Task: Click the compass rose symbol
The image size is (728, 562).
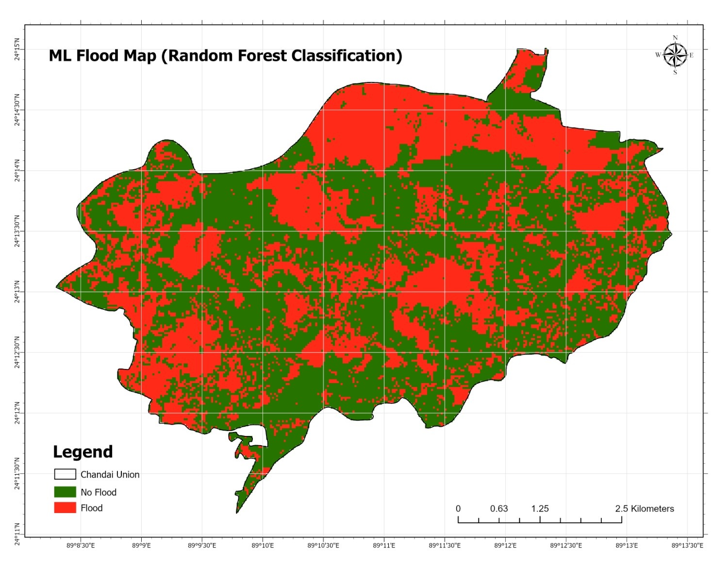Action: pyautogui.click(x=675, y=55)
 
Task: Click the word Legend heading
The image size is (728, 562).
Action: pyautogui.click(x=83, y=452)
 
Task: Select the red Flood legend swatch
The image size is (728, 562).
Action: pyautogui.click(x=65, y=508)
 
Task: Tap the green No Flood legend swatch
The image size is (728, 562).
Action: pyautogui.click(x=65, y=492)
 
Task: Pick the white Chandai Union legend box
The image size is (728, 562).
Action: pyautogui.click(x=65, y=474)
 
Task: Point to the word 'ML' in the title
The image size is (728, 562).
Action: pyautogui.click(x=60, y=56)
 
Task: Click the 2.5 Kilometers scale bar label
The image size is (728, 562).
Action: pyautogui.click(x=645, y=509)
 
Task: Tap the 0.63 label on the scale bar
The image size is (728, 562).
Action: pyautogui.click(x=499, y=509)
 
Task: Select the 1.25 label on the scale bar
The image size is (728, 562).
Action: pyautogui.click(x=540, y=509)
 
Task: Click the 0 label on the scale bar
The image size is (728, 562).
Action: pyautogui.click(x=458, y=509)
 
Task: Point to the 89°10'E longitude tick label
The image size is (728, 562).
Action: pyautogui.click(x=263, y=546)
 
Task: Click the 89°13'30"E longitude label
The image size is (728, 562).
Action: pyautogui.click(x=687, y=546)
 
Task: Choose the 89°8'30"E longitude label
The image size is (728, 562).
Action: pyautogui.click(x=81, y=546)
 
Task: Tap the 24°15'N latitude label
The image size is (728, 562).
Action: pyautogui.click(x=17, y=49)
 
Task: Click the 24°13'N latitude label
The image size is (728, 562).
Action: pyautogui.click(x=17, y=291)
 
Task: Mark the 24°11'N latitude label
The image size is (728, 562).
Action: pyautogui.click(x=17, y=534)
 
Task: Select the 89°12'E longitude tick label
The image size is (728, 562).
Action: pyautogui.click(x=505, y=546)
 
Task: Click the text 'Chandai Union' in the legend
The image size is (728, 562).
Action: pyautogui.click(x=110, y=475)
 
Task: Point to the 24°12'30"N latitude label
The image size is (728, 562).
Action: pyautogui.click(x=17, y=353)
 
